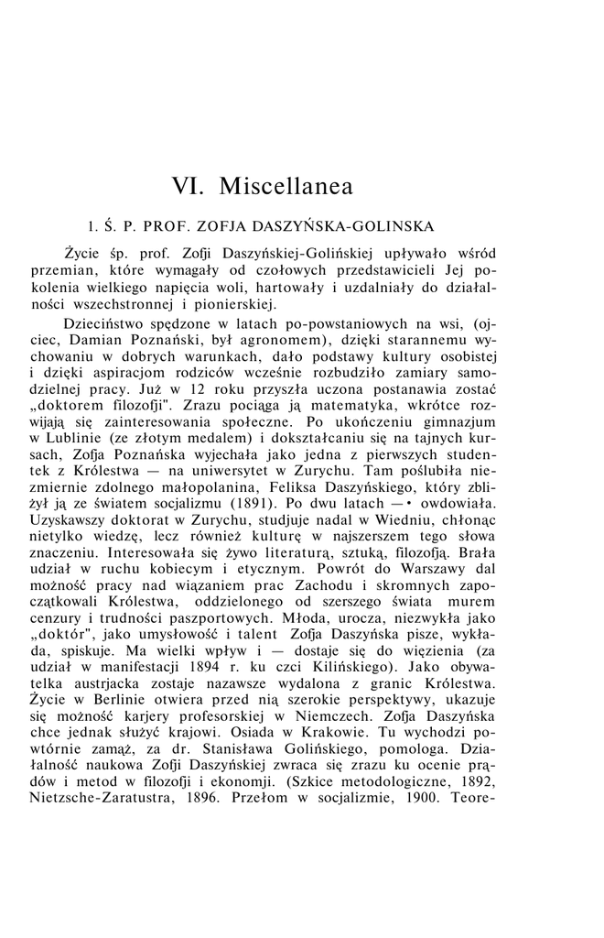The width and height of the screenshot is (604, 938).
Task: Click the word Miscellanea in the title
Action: click(286, 186)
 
